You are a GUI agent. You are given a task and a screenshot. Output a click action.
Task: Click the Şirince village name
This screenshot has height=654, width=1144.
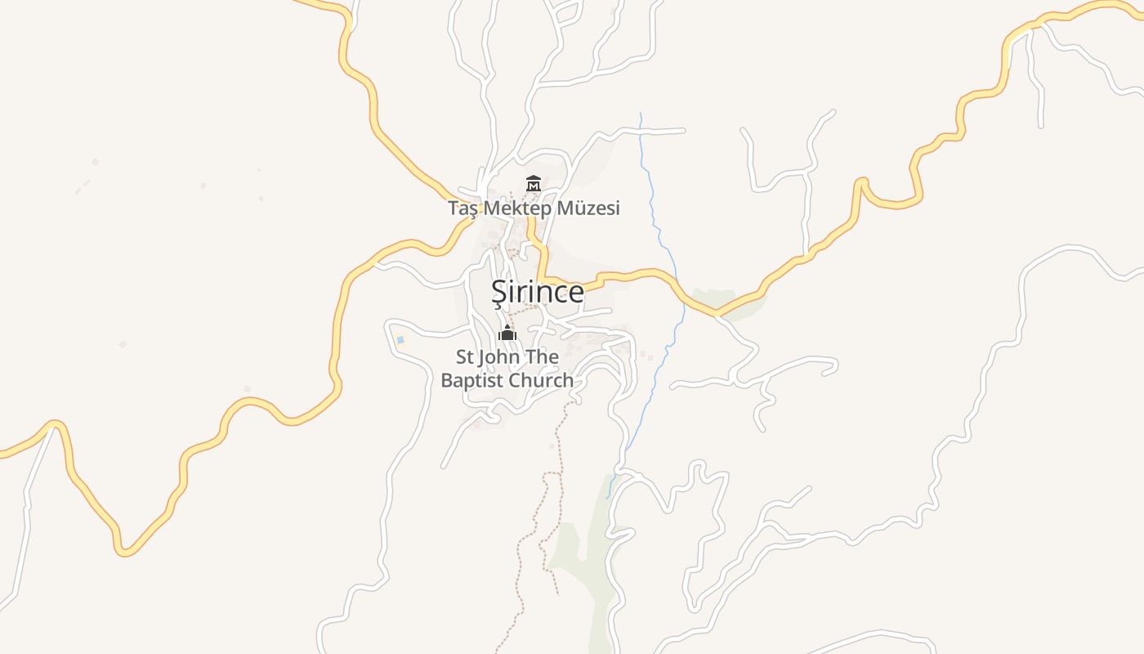(537, 292)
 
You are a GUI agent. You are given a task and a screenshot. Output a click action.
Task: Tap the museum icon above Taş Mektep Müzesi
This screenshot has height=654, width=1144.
(534, 184)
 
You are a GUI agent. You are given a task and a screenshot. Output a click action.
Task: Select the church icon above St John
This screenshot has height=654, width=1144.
(507, 333)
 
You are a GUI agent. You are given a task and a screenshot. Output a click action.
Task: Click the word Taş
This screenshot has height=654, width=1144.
(463, 208)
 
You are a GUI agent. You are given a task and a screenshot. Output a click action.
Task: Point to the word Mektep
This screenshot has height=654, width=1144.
(517, 208)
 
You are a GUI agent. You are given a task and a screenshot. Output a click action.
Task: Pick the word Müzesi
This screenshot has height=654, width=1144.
(588, 208)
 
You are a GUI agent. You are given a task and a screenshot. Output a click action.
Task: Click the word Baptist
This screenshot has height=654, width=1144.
(471, 381)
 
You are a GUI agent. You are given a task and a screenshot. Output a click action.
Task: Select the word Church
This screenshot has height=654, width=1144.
(541, 381)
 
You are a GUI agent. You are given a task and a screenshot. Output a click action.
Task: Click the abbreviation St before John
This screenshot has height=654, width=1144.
(464, 357)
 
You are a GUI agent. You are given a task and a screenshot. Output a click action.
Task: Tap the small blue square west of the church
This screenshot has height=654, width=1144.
(400, 339)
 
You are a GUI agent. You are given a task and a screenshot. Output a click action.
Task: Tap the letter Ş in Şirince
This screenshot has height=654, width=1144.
(498, 293)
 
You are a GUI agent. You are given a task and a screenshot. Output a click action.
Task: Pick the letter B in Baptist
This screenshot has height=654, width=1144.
(447, 381)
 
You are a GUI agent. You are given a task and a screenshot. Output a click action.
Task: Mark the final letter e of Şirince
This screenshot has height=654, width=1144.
(576, 293)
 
